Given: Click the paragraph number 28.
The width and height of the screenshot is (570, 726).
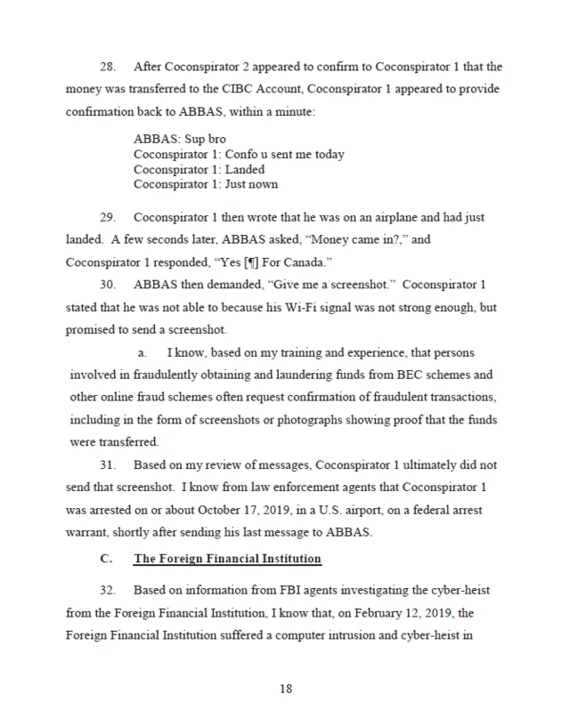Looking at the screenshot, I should pyautogui.click(x=108, y=67).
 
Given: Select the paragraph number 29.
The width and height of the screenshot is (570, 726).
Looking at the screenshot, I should pyautogui.click(x=108, y=218).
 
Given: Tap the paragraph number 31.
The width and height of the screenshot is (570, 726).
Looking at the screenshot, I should pyautogui.click(x=108, y=465).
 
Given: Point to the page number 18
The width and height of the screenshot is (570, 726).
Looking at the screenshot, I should pyautogui.click(x=285, y=688).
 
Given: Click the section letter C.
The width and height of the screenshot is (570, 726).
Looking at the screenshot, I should pyautogui.click(x=105, y=559).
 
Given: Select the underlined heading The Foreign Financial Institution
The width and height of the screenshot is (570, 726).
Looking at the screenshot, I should pyautogui.click(x=227, y=559).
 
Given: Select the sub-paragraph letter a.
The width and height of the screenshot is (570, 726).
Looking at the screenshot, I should pyautogui.click(x=142, y=353).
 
